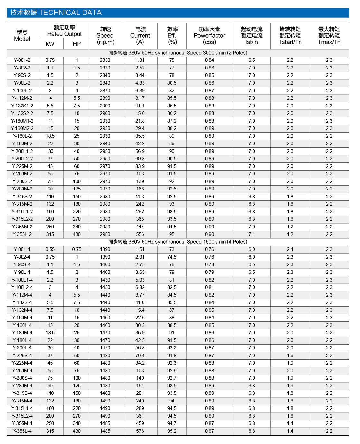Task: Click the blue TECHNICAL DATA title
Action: [x=56, y=13]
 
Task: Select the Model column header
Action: [x=22, y=36]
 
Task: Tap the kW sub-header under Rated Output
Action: [x=50, y=44]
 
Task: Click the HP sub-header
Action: [x=77, y=44]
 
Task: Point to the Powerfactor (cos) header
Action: [x=209, y=36]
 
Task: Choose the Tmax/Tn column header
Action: [x=329, y=36]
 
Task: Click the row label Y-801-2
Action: [x=22, y=60]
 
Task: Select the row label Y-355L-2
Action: [x=22, y=234]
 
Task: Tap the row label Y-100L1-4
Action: [x=22, y=280]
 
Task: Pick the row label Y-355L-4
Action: [x=22, y=431]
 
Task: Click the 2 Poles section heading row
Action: [x=178, y=53]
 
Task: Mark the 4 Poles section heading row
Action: [x=178, y=242]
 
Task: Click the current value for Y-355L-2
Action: [x=140, y=234]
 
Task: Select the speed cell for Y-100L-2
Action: [x=105, y=91]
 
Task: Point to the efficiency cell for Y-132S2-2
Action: [x=172, y=113]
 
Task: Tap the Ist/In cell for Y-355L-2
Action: [x=252, y=234]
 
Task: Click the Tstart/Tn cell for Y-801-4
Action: [x=290, y=249]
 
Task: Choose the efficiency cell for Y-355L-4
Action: [x=172, y=431]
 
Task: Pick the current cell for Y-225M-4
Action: [x=140, y=363]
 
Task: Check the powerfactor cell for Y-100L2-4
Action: [x=209, y=287]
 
